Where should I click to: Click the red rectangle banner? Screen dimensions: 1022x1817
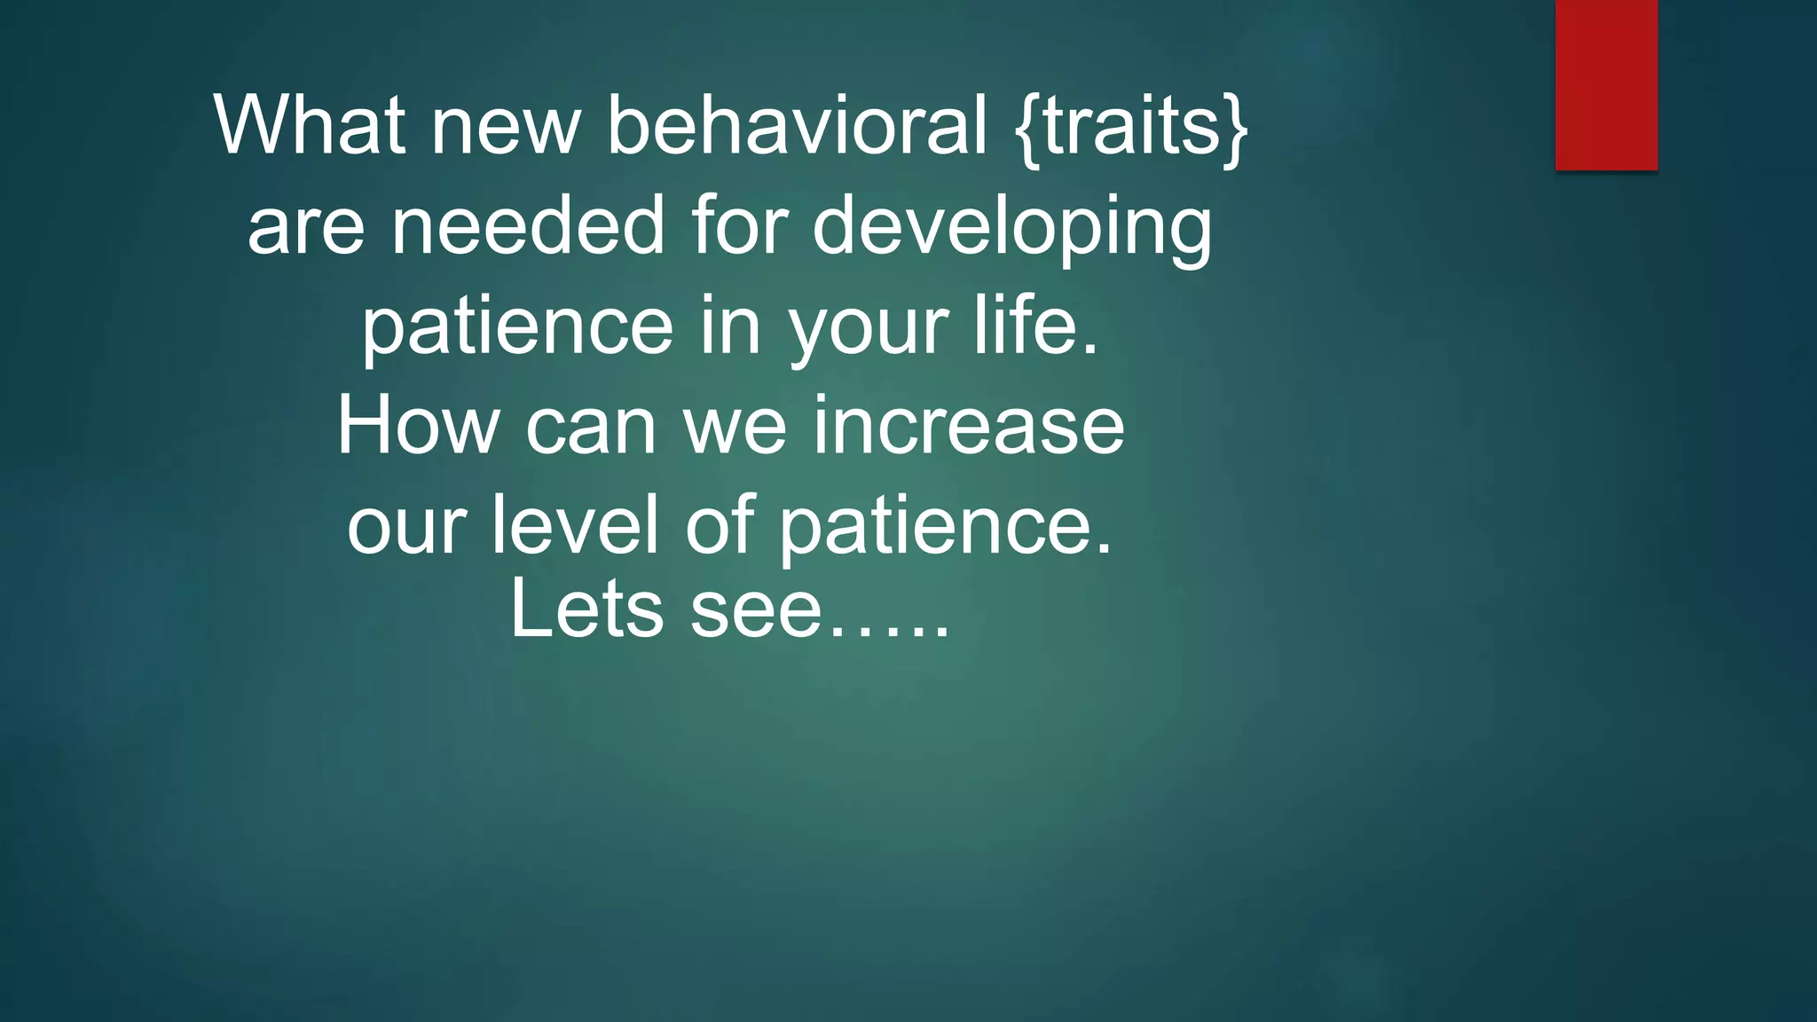click(x=1606, y=85)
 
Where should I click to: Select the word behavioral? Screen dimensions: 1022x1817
click(x=796, y=125)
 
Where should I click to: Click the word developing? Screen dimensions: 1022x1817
click(x=1011, y=229)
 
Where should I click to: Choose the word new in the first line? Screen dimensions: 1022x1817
click(x=505, y=127)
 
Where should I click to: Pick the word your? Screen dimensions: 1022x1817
click(x=868, y=328)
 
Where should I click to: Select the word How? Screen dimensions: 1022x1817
click(x=417, y=426)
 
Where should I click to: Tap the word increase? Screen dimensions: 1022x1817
click(x=968, y=426)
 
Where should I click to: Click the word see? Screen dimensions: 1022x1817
click(x=756, y=612)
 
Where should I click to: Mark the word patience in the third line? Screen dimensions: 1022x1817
click(x=517, y=328)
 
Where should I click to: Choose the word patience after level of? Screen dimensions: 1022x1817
click(x=944, y=527)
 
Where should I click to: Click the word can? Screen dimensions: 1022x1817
click(x=590, y=428)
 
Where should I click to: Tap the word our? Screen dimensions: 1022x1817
click(x=405, y=527)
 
